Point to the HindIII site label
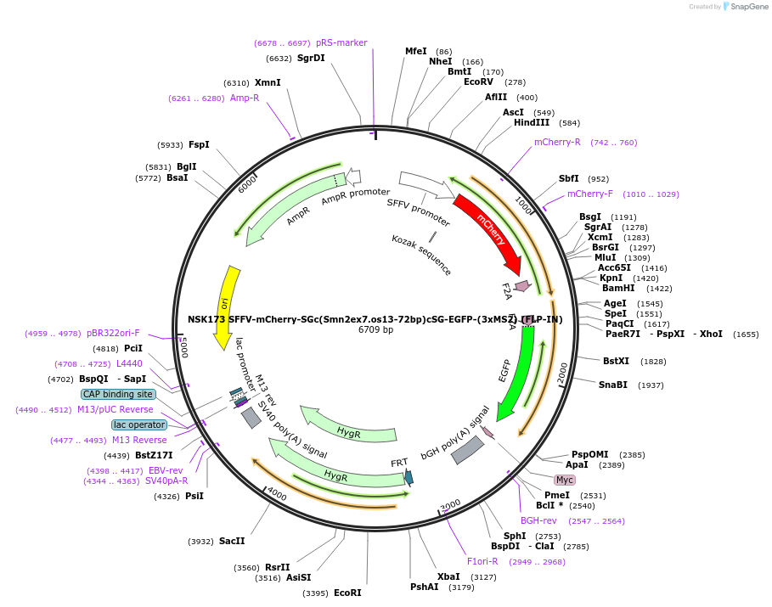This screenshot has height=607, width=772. pyautogui.click(x=532, y=123)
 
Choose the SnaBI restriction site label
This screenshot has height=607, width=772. pyautogui.click(x=613, y=385)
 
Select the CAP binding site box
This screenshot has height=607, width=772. pyautogui.click(x=118, y=394)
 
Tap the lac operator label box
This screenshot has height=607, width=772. pyautogui.click(x=138, y=424)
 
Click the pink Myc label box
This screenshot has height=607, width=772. pyautogui.click(x=565, y=480)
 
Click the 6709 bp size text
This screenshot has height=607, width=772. pyautogui.click(x=375, y=330)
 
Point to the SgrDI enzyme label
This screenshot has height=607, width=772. pyautogui.click(x=311, y=59)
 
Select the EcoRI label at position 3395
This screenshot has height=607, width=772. pyautogui.click(x=347, y=593)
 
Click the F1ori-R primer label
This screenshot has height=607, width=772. pyautogui.click(x=482, y=561)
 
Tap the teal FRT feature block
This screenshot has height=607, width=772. pyautogui.click(x=409, y=477)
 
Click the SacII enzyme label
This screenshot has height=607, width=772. pyautogui.click(x=232, y=541)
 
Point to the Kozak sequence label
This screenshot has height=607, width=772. pyautogui.click(x=422, y=255)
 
